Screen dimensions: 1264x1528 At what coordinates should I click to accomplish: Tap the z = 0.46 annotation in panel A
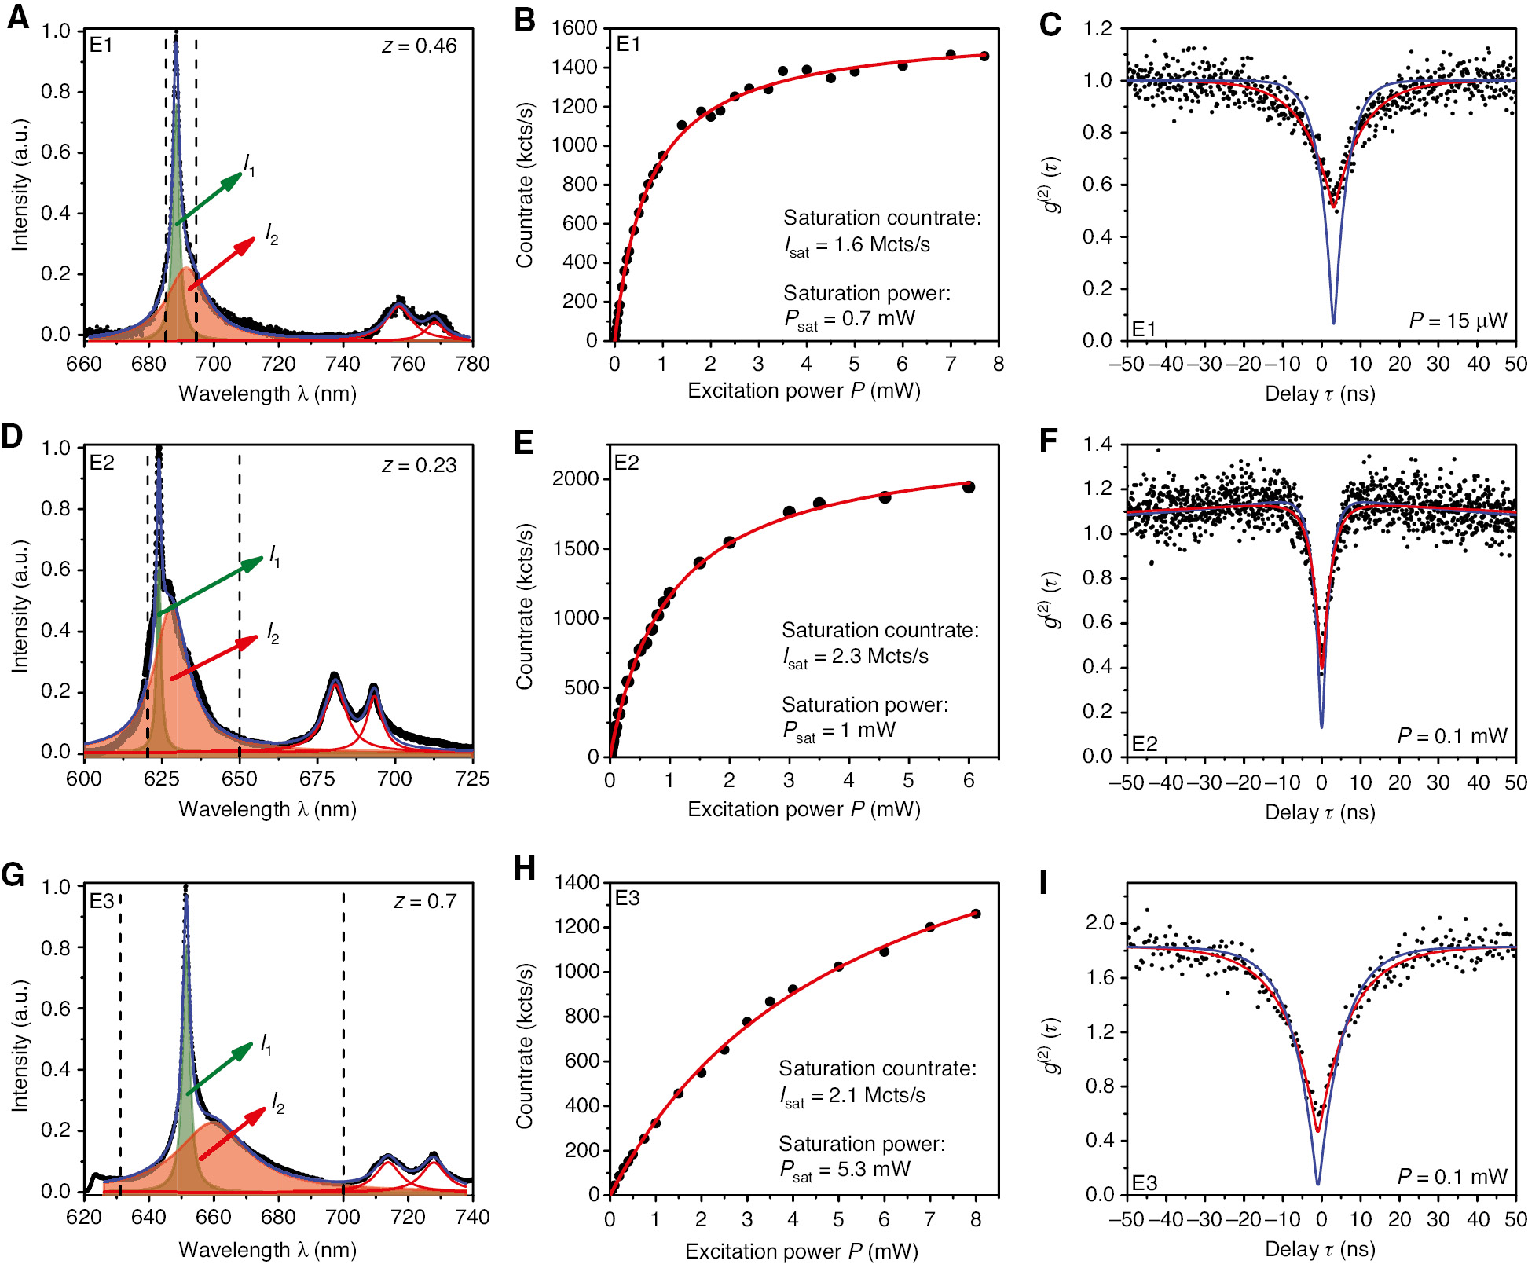click(x=419, y=46)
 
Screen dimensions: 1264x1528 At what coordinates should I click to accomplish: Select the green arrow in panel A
click(x=209, y=199)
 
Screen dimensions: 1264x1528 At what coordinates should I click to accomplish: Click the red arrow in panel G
click(x=233, y=1133)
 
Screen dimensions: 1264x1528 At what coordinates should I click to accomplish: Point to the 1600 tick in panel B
click(x=574, y=28)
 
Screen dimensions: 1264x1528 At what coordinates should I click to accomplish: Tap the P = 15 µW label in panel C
click(x=1457, y=321)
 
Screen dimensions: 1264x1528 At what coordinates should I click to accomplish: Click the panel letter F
click(x=1049, y=441)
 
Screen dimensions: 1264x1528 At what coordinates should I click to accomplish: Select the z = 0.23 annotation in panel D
click(x=419, y=466)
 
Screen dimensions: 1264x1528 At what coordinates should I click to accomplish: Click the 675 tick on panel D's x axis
click(x=317, y=779)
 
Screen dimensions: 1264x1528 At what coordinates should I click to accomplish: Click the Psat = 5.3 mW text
click(x=845, y=1170)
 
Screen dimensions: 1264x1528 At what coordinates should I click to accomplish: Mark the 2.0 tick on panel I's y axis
click(x=1100, y=923)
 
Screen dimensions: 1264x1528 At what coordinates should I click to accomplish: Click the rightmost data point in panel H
click(x=976, y=914)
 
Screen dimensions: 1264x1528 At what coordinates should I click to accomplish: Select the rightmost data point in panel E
click(x=969, y=487)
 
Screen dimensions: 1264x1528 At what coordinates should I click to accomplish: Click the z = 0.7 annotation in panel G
click(x=424, y=902)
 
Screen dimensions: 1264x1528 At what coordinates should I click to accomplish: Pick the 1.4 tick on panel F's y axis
click(x=1097, y=445)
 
